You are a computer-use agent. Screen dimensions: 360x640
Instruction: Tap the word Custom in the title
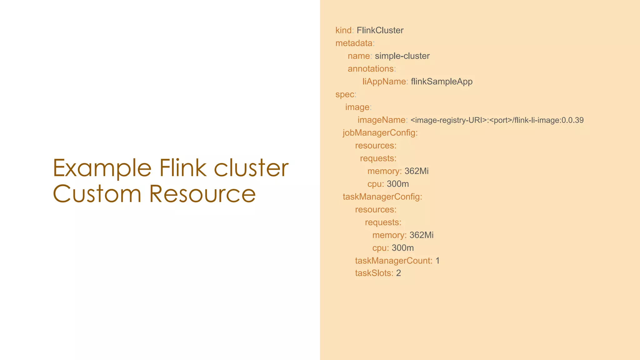(97, 194)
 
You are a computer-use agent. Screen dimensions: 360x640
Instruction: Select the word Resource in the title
(202, 194)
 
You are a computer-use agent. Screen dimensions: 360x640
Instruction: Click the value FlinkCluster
(380, 30)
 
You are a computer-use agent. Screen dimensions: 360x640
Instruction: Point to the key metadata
(354, 43)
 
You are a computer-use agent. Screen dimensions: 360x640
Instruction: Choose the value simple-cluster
(402, 56)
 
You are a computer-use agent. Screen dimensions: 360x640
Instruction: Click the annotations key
(371, 69)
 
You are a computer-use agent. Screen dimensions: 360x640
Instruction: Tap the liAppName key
(384, 82)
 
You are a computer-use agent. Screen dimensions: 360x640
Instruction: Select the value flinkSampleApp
(442, 82)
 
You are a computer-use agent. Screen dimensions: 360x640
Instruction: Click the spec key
(345, 94)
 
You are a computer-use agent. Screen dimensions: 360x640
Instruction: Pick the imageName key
(382, 120)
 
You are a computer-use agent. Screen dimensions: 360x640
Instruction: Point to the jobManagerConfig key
(379, 133)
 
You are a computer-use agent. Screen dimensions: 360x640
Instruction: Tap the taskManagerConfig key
(381, 197)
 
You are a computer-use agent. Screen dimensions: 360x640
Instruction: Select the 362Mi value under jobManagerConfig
(417, 171)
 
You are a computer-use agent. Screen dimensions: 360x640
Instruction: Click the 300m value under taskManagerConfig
(403, 248)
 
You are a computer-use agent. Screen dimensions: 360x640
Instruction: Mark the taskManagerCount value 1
(437, 261)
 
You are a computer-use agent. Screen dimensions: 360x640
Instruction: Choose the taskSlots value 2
(398, 273)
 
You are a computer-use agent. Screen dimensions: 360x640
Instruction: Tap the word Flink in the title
(182, 168)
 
